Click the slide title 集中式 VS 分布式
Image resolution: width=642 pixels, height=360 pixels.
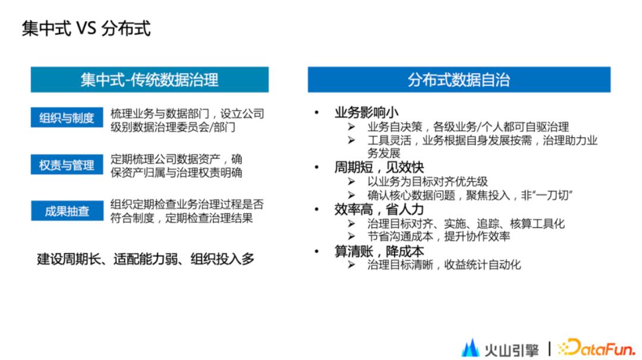pos(86,28)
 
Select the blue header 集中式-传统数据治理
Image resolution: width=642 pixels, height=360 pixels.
pos(149,80)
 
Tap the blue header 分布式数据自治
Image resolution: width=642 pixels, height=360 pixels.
pos(458,80)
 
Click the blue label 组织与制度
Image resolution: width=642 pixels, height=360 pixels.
pos(67,118)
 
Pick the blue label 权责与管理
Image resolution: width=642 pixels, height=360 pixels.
pos(67,165)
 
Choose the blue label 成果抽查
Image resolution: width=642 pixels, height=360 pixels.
pos(67,211)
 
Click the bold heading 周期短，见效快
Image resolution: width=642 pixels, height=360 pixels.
pos(379,168)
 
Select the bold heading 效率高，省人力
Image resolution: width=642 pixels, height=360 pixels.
pos(379,209)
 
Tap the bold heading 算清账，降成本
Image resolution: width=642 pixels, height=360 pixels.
pos(379,251)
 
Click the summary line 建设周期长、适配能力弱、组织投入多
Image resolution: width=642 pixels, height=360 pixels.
pos(146,259)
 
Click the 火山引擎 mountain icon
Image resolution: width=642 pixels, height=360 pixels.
pos(470,347)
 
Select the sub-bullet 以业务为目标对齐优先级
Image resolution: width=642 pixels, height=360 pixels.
pos(427,182)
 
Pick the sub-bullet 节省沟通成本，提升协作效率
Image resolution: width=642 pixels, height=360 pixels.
pos(439,236)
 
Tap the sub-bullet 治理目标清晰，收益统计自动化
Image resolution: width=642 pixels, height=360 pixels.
pos(443,264)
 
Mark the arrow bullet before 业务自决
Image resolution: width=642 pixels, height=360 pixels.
pos(352,127)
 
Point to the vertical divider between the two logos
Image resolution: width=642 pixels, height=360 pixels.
pos(549,347)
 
